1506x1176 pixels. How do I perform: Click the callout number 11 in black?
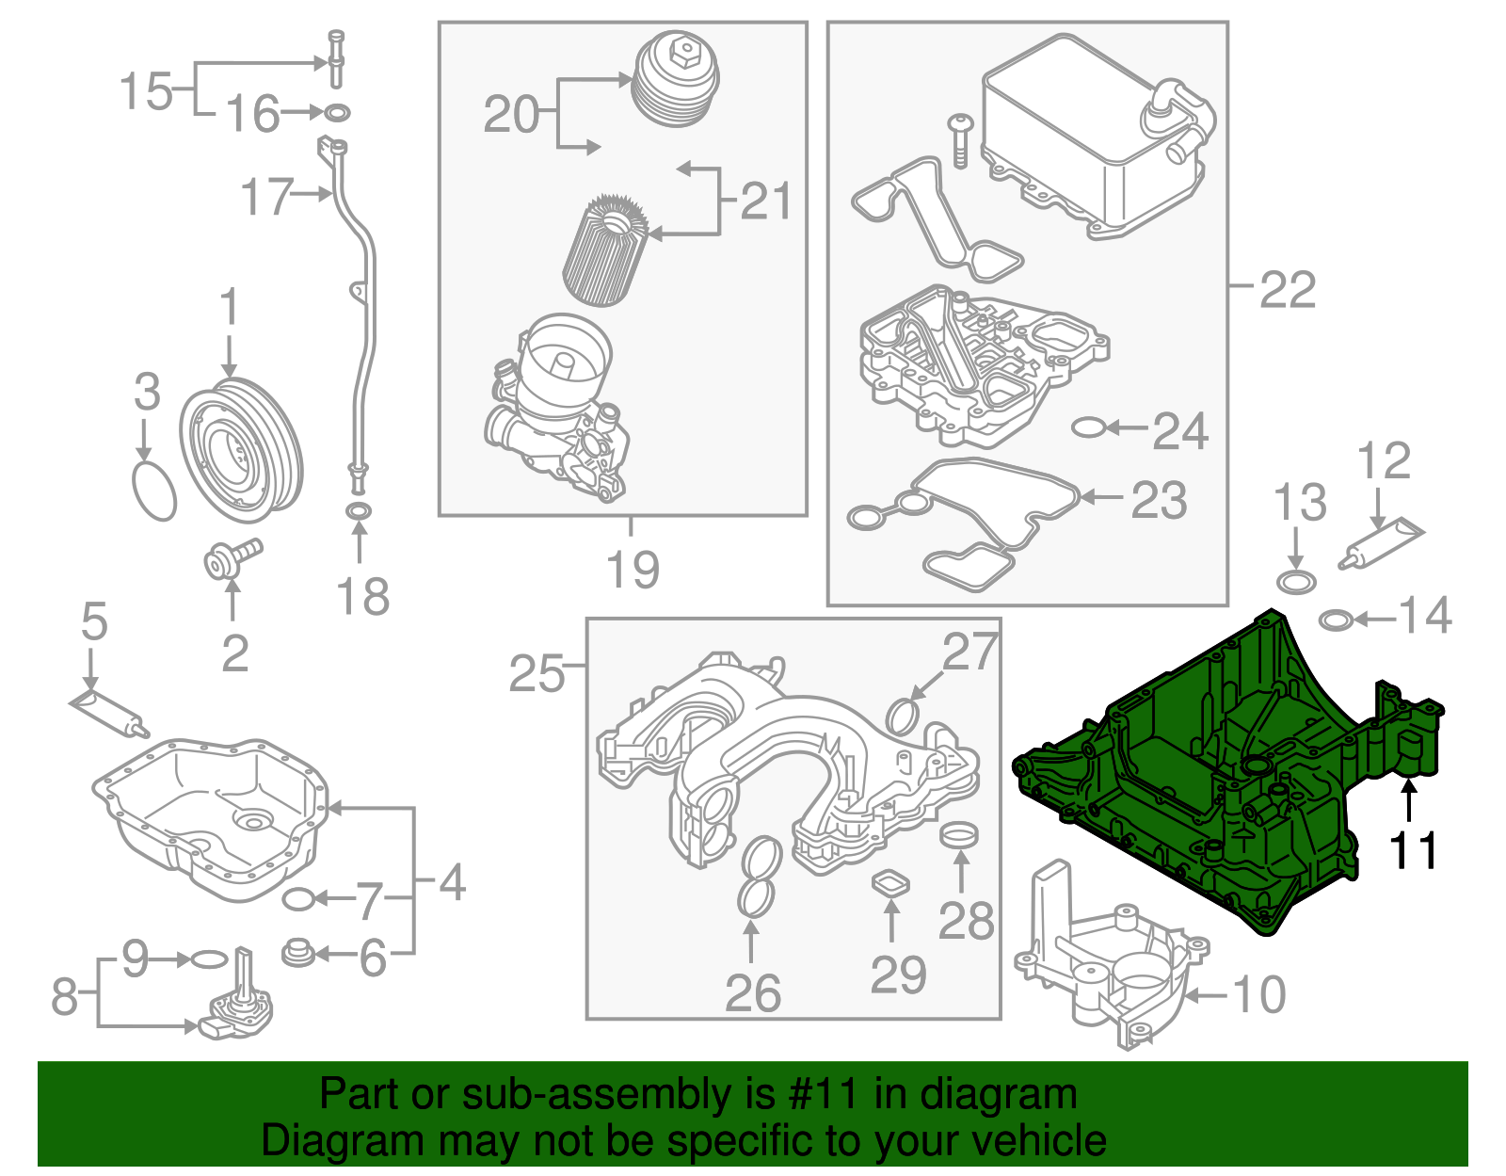pyautogui.click(x=1414, y=851)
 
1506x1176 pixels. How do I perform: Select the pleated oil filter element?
pyautogui.click(x=605, y=250)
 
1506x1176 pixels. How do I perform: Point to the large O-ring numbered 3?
pyautogui.click(x=154, y=490)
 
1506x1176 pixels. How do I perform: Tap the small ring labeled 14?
pyautogui.click(x=1337, y=620)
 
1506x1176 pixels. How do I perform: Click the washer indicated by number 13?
pyautogui.click(x=1296, y=581)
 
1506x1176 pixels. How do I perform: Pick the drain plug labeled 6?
pyautogui.click(x=297, y=953)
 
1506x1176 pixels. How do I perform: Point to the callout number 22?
pyautogui.click(x=1287, y=289)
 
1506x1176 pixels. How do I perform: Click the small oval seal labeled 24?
pyautogui.click(x=1088, y=428)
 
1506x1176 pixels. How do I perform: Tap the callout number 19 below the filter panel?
pyautogui.click(x=633, y=570)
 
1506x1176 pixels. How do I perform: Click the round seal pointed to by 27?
pyautogui.click(x=903, y=716)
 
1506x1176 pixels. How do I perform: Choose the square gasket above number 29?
pyautogui.click(x=890, y=883)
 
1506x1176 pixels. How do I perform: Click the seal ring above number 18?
pyautogui.click(x=359, y=512)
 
